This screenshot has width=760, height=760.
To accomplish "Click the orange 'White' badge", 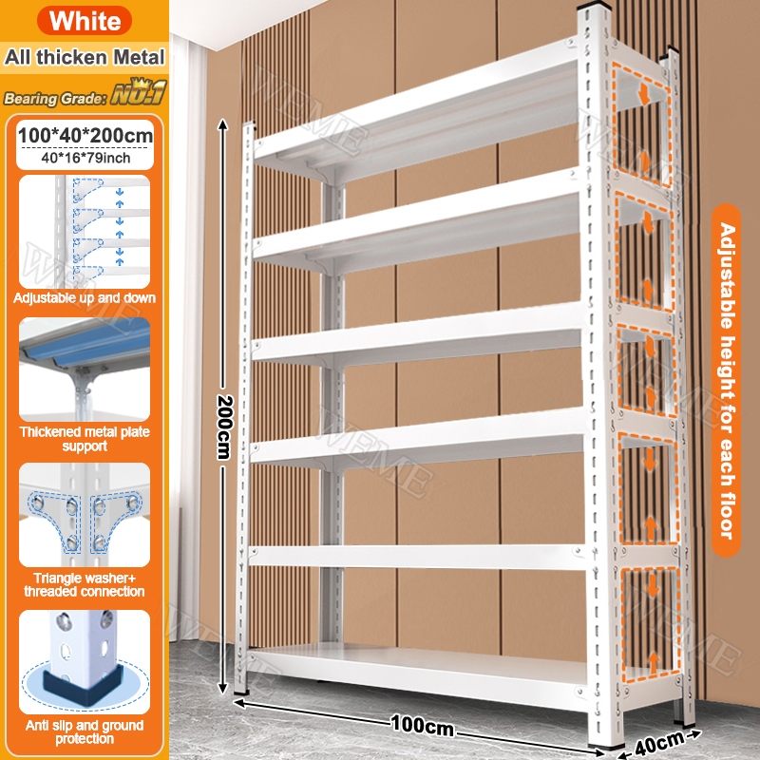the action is (x=85, y=20).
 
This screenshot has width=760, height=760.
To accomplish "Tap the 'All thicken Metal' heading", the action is (x=85, y=57).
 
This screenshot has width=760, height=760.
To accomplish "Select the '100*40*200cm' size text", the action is (x=85, y=135).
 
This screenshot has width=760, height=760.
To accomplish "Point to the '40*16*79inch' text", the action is (x=85, y=158).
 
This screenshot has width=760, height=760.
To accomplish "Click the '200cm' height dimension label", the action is (x=224, y=427).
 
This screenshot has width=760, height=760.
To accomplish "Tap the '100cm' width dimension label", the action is (x=422, y=725).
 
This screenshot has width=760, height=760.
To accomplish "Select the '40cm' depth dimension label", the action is (x=659, y=742).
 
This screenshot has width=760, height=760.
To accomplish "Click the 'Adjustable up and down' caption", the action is (x=85, y=297).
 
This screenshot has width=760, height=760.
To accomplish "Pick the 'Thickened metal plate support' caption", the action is (x=85, y=439).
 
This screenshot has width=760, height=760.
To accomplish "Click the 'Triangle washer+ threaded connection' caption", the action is (x=85, y=584).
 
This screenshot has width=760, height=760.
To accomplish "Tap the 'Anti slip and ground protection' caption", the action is (x=85, y=731).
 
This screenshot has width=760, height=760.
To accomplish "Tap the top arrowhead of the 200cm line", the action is (x=222, y=124).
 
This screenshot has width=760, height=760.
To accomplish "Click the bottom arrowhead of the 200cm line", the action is (x=222, y=687).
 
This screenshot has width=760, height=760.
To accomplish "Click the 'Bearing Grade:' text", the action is (x=55, y=99).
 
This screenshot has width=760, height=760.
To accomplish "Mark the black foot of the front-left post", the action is (x=240, y=693).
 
